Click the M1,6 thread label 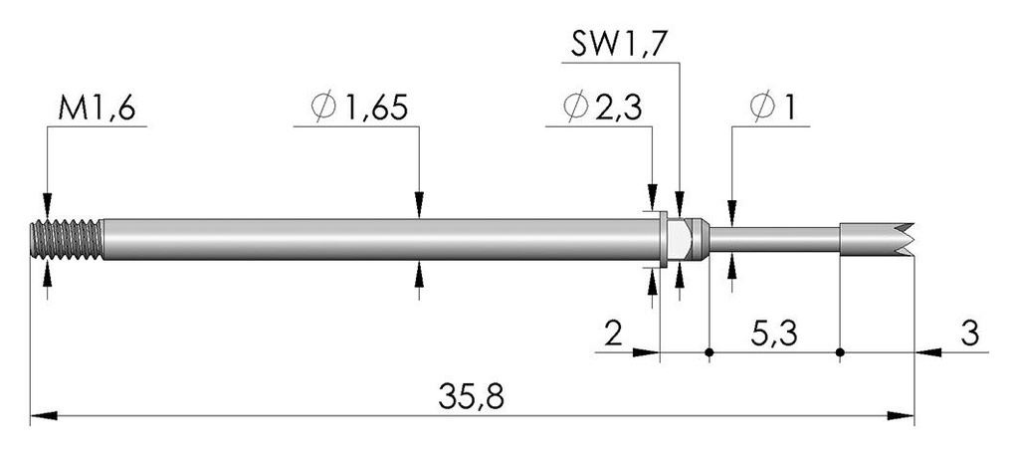97,108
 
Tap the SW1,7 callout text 618,44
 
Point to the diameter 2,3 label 602,108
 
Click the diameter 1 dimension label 772,108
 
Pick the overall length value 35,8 471,396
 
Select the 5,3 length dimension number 774,335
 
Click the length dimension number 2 613,335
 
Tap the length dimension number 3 969,335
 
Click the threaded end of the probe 67,239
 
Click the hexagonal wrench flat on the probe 679,239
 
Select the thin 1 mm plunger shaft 774,239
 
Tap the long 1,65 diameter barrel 381,239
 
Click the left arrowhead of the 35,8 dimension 44,415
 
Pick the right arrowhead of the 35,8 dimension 901,415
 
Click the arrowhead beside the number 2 646,352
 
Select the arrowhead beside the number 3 928,352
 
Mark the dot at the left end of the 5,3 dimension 709,352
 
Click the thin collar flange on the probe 664,239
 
